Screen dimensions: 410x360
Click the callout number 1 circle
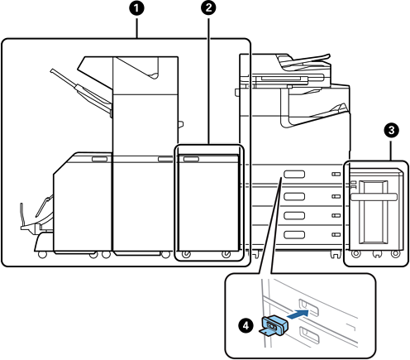pos(136,8)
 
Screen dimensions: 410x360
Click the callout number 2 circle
pos(208,7)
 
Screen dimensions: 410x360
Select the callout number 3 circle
pos(391,130)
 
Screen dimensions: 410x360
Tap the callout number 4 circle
pos(246,325)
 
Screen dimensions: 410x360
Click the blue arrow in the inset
pos(298,314)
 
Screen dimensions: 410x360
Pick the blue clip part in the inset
pos(274,325)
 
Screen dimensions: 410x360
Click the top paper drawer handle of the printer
pos(294,174)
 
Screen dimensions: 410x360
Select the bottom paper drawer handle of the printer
pos(294,234)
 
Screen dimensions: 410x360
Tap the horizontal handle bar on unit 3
pos(374,197)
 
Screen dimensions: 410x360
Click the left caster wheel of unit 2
pos(186,254)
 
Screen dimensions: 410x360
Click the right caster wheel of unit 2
pos(226,254)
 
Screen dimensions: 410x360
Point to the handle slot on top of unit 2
pos(191,159)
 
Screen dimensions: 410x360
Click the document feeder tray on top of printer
pos(303,60)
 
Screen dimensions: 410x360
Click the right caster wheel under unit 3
pos(396,253)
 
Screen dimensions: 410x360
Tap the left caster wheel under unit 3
pos(355,253)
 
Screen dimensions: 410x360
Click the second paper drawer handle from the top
pos(294,196)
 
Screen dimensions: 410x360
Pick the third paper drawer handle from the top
pos(294,215)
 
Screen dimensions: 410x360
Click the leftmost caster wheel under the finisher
pos(42,254)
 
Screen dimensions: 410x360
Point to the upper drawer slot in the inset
pos(309,307)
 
